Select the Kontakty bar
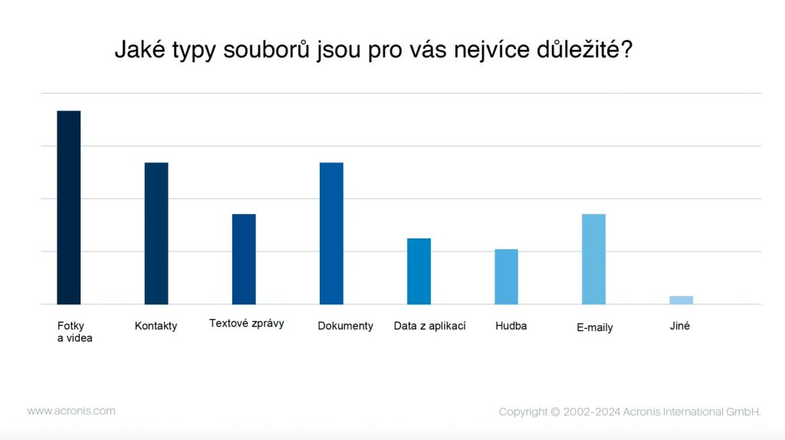point(156,233)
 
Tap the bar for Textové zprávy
point(244,259)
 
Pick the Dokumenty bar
point(331,233)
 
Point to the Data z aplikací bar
point(419,271)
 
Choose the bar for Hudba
point(506,277)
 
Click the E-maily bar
point(593,259)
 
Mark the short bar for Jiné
point(681,300)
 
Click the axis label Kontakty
point(156,326)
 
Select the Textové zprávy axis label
point(247,323)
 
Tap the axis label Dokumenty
point(345,326)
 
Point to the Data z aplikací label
point(429,326)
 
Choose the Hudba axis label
point(511,326)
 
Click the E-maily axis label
point(595,327)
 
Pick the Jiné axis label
point(679,326)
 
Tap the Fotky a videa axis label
point(74,331)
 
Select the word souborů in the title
point(268,51)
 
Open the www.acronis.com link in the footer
point(71,411)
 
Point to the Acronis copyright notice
point(629,412)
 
